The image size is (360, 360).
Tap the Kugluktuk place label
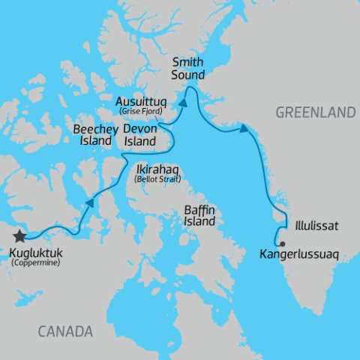pyautogui.click(x=36, y=252)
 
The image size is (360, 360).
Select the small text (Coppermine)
pyautogui.click(x=35, y=263)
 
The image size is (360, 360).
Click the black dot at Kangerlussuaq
pyautogui.click(x=281, y=244)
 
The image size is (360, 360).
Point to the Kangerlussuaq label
pyautogui.click(x=299, y=254)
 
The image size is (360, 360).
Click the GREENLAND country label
pyautogui.click(x=314, y=112)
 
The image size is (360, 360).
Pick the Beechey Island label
pyautogui.click(x=92, y=134)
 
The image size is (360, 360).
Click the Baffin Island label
pyautogui.click(x=199, y=216)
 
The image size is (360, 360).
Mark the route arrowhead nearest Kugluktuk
pyautogui.click(x=90, y=202)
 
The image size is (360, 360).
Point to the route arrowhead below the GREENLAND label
pyautogui.click(x=244, y=130)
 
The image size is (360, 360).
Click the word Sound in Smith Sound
pyautogui.click(x=188, y=76)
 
